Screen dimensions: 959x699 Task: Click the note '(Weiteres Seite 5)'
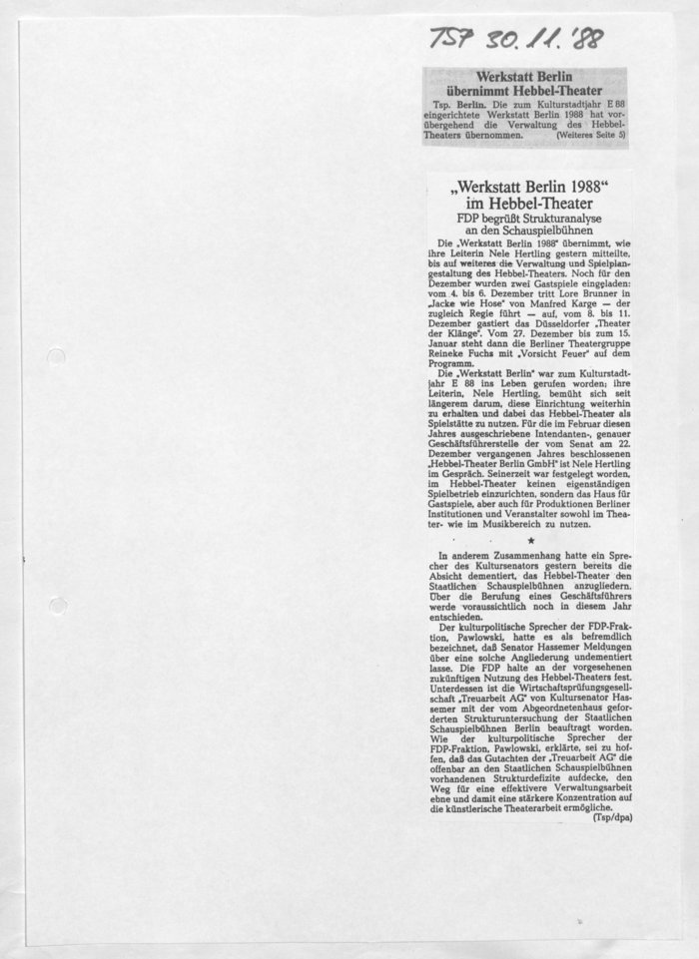coord(591,133)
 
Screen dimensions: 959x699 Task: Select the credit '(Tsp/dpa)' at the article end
coord(612,817)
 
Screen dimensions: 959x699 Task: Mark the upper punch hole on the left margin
coord(57,357)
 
